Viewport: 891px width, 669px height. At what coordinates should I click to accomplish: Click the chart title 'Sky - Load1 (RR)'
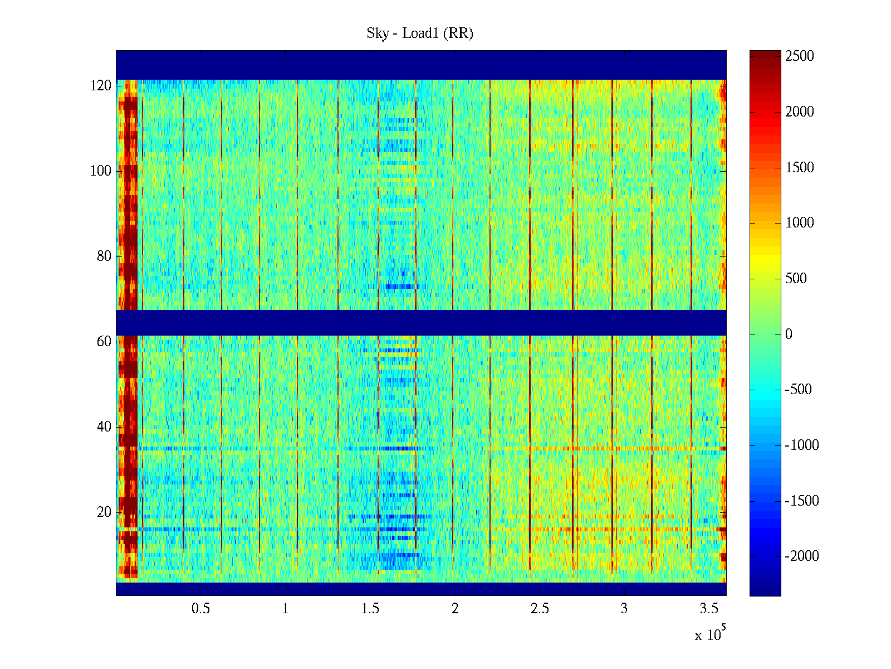[x=420, y=33]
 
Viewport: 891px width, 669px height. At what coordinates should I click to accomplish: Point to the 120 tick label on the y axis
[x=101, y=86]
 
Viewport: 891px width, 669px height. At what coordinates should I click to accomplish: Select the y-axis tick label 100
[x=101, y=171]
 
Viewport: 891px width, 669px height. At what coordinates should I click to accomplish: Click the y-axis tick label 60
[x=104, y=342]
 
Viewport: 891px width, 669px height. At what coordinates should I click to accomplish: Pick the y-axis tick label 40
[x=104, y=427]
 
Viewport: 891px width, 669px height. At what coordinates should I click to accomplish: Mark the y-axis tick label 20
[x=104, y=512]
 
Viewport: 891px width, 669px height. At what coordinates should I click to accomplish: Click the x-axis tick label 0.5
[x=200, y=609]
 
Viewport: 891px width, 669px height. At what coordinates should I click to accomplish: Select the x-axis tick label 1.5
[x=370, y=609]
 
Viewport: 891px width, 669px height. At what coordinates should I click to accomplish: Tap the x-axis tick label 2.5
[x=539, y=609]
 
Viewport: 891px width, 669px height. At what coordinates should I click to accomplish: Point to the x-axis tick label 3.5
[x=708, y=609]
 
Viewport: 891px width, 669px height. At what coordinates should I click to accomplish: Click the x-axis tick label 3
[x=624, y=609]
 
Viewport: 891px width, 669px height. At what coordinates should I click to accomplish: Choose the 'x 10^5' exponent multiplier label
[x=710, y=634]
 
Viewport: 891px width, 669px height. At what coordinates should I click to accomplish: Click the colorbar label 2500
[x=800, y=56]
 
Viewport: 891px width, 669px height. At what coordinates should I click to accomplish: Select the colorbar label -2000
[x=802, y=556]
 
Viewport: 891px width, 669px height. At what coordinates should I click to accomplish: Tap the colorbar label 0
[x=789, y=334]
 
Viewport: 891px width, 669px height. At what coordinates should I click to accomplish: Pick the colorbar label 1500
[x=800, y=168]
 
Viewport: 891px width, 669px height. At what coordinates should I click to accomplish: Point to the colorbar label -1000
[x=802, y=445]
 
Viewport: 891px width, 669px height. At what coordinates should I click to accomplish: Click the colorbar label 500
[x=796, y=279]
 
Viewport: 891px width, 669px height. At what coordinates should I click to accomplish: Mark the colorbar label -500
[x=798, y=390]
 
